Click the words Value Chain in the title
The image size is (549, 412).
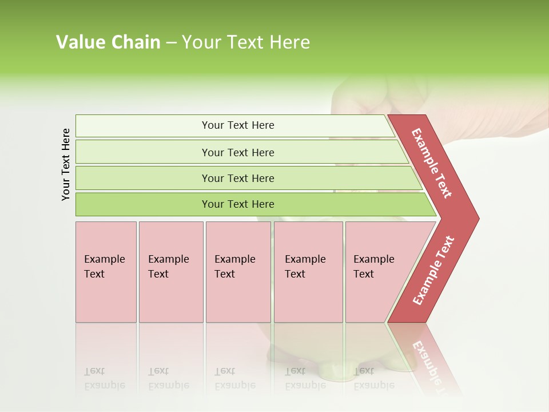(108, 42)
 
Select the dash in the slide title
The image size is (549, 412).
(171, 42)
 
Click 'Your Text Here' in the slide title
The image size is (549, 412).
(246, 42)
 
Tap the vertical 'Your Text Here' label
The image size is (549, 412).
(66, 165)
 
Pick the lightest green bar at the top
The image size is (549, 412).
(237, 125)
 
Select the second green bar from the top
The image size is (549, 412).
(237, 152)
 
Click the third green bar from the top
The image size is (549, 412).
(237, 178)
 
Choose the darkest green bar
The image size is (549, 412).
(237, 204)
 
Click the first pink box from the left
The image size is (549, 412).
(106, 272)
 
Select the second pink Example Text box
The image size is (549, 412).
(170, 272)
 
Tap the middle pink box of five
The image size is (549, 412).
(238, 272)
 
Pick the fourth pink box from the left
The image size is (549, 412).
(308, 272)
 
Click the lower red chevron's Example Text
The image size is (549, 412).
(433, 271)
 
